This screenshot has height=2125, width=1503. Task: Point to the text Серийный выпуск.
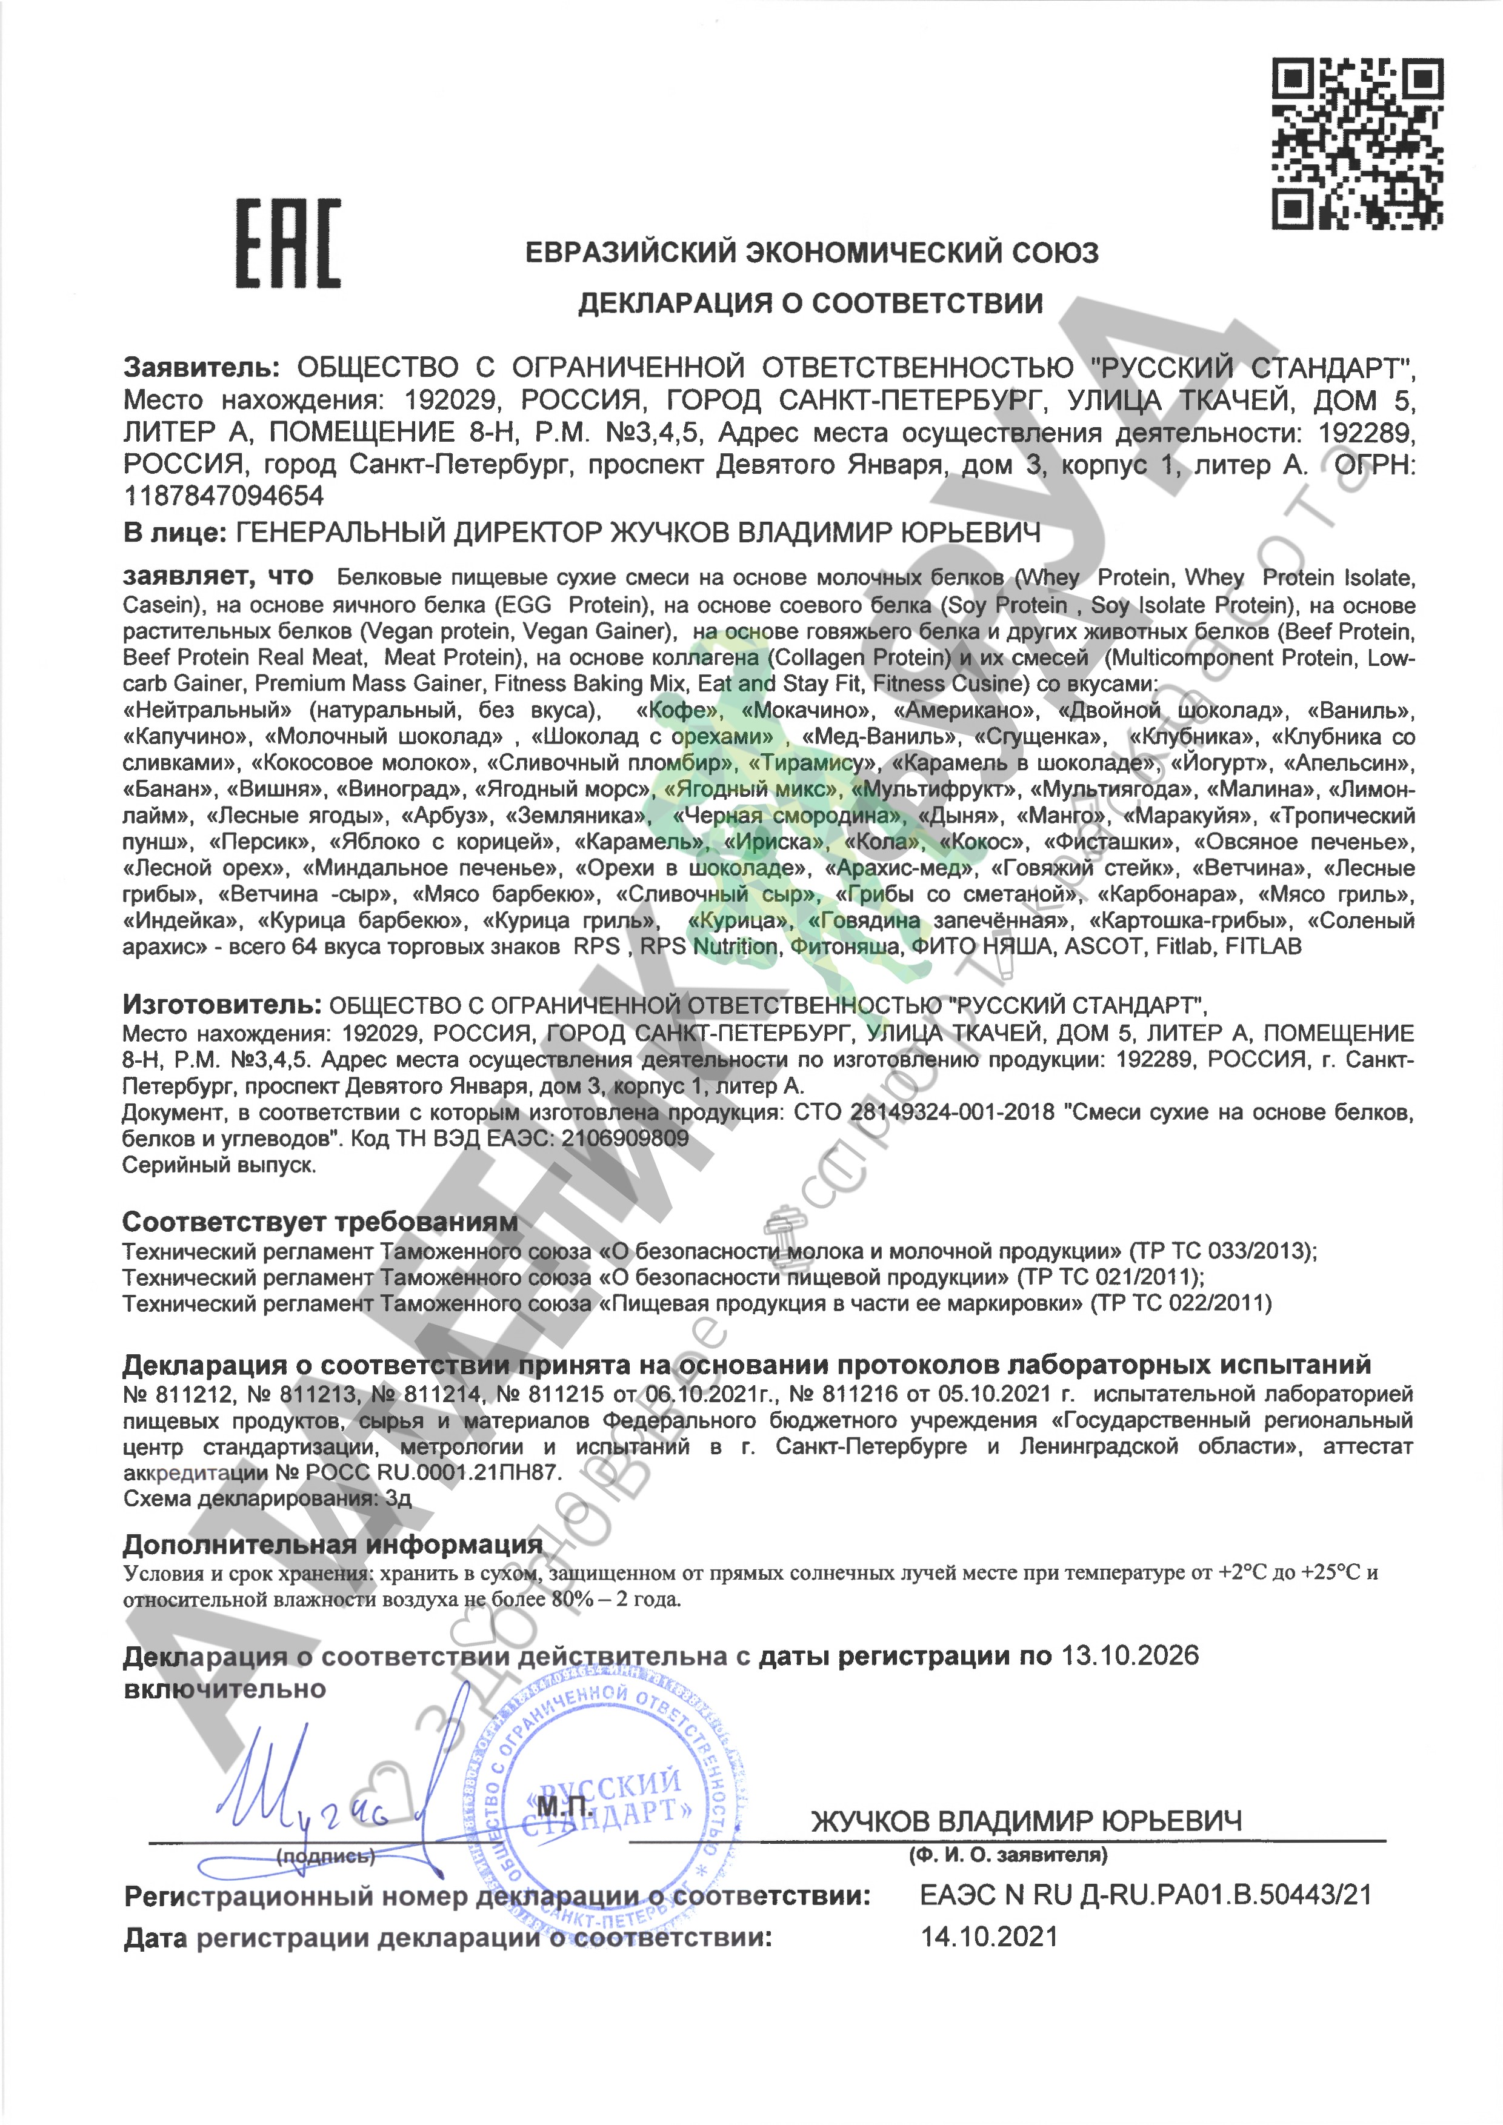coord(219,1165)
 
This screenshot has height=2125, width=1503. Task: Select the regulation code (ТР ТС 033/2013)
coord(1222,1251)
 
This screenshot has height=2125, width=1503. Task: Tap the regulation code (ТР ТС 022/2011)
coord(1181,1303)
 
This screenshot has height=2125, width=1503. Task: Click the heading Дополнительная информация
coord(332,1544)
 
